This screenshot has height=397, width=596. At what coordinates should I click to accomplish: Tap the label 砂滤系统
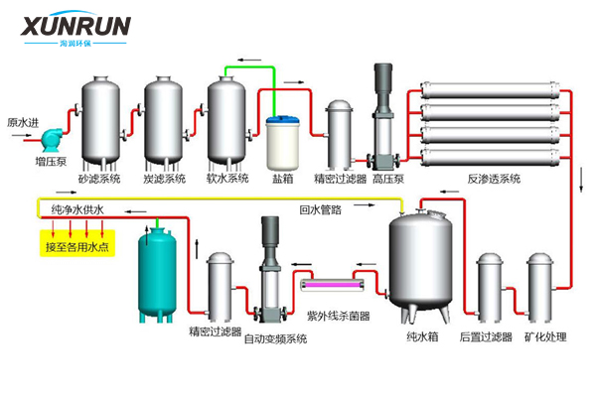[99, 179]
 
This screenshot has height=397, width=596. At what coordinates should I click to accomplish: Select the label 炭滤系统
[164, 179]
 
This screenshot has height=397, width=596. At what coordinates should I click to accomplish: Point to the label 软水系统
[227, 179]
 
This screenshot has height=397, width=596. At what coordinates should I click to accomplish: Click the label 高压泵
[387, 180]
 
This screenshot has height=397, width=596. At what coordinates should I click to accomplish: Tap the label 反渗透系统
[494, 180]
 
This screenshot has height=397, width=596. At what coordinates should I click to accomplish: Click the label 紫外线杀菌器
[338, 317]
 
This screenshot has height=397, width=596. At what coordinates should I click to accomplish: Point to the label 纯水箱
[421, 337]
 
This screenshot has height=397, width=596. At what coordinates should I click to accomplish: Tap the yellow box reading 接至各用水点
[78, 246]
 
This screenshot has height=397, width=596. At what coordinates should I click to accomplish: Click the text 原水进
[23, 122]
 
